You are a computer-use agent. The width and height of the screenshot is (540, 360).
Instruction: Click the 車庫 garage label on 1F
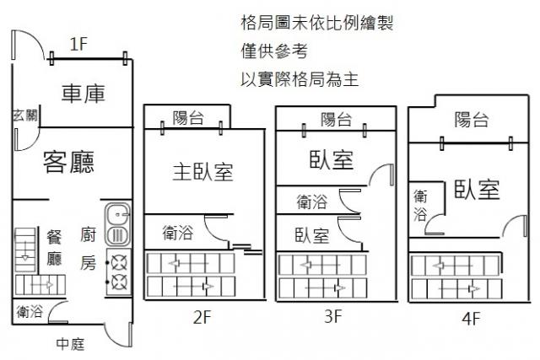click(83, 94)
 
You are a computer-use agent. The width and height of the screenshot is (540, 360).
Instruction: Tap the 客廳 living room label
click(68, 161)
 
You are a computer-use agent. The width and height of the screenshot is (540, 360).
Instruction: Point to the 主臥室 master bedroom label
click(202, 172)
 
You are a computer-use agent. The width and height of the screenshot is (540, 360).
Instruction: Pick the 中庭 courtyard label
click(70, 343)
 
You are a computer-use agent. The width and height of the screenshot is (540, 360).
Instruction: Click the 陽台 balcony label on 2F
click(187, 117)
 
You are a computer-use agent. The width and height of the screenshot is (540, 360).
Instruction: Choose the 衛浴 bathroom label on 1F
click(30, 312)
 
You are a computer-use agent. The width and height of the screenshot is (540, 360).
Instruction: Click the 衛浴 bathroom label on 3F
click(312, 201)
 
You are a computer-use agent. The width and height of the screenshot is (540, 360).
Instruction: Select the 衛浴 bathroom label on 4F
click(419, 205)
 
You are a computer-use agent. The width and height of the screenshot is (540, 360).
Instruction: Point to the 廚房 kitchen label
click(89, 249)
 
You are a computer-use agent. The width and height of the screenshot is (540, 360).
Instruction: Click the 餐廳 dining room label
click(54, 248)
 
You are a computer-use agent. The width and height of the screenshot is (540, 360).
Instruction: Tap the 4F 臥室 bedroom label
click(476, 190)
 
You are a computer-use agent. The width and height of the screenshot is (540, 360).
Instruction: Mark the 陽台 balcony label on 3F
click(337, 119)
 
